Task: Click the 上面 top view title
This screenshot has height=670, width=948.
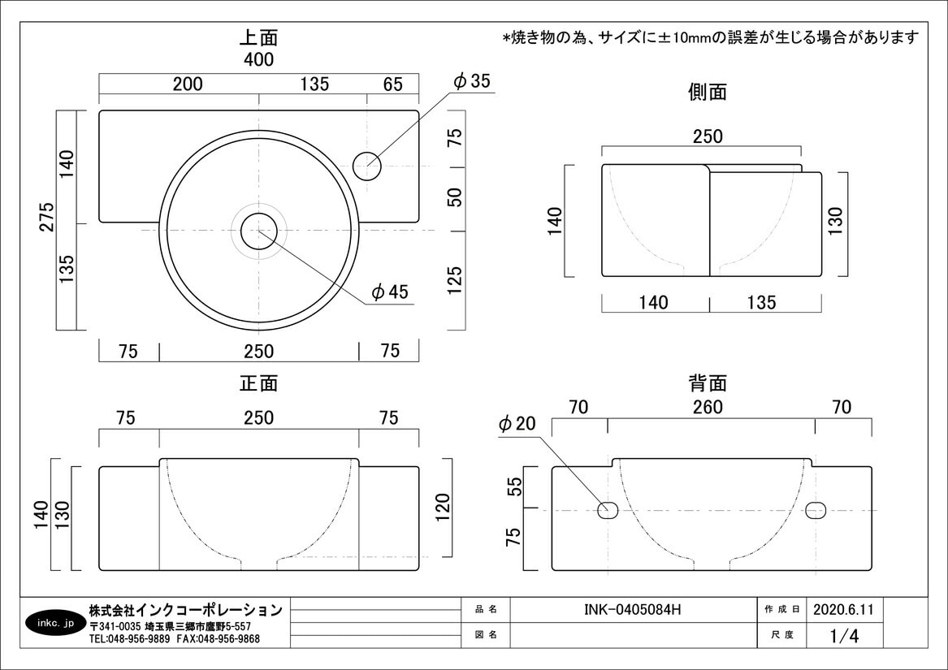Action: click(x=258, y=37)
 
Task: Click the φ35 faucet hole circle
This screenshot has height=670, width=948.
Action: click(x=367, y=165)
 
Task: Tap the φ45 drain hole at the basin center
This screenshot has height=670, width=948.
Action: click(x=258, y=230)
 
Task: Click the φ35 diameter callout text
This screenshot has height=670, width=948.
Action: click(x=472, y=81)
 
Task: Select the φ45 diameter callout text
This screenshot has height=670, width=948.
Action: click(x=390, y=292)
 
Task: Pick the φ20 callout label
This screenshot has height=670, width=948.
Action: click(x=517, y=424)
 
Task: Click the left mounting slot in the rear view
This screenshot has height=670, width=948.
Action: click(x=608, y=510)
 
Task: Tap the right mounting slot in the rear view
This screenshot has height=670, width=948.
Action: click(x=816, y=510)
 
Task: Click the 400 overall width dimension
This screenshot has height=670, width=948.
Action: click(x=258, y=59)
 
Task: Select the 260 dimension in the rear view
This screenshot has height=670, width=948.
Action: click(x=707, y=407)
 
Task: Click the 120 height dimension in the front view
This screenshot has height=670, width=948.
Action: click(x=443, y=509)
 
